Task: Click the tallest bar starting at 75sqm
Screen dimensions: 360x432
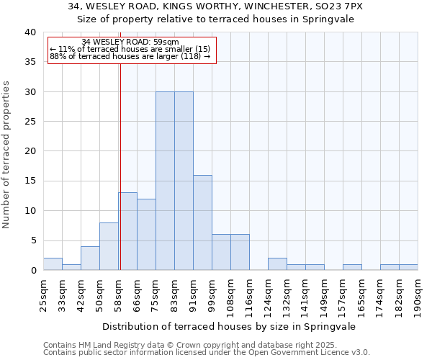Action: (165, 181)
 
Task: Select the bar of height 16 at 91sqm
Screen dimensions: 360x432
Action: (202, 222)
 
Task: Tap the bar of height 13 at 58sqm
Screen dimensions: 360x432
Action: (128, 231)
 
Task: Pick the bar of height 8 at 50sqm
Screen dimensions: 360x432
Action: (109, 246)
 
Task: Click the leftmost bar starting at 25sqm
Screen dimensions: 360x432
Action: (53, 264)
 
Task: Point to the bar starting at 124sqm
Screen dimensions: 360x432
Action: (277, 264)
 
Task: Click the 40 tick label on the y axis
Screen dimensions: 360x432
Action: (30, 32)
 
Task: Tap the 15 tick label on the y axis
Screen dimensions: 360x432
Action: (30, 181)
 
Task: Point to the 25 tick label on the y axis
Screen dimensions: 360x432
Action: (30, 122)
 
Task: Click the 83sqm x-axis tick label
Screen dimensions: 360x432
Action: (175, 295)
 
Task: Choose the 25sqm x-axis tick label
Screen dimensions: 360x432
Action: (44, 295)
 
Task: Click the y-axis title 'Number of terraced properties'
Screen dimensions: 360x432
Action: (8, 154)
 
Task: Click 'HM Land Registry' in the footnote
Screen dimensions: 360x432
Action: (105, 345)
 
